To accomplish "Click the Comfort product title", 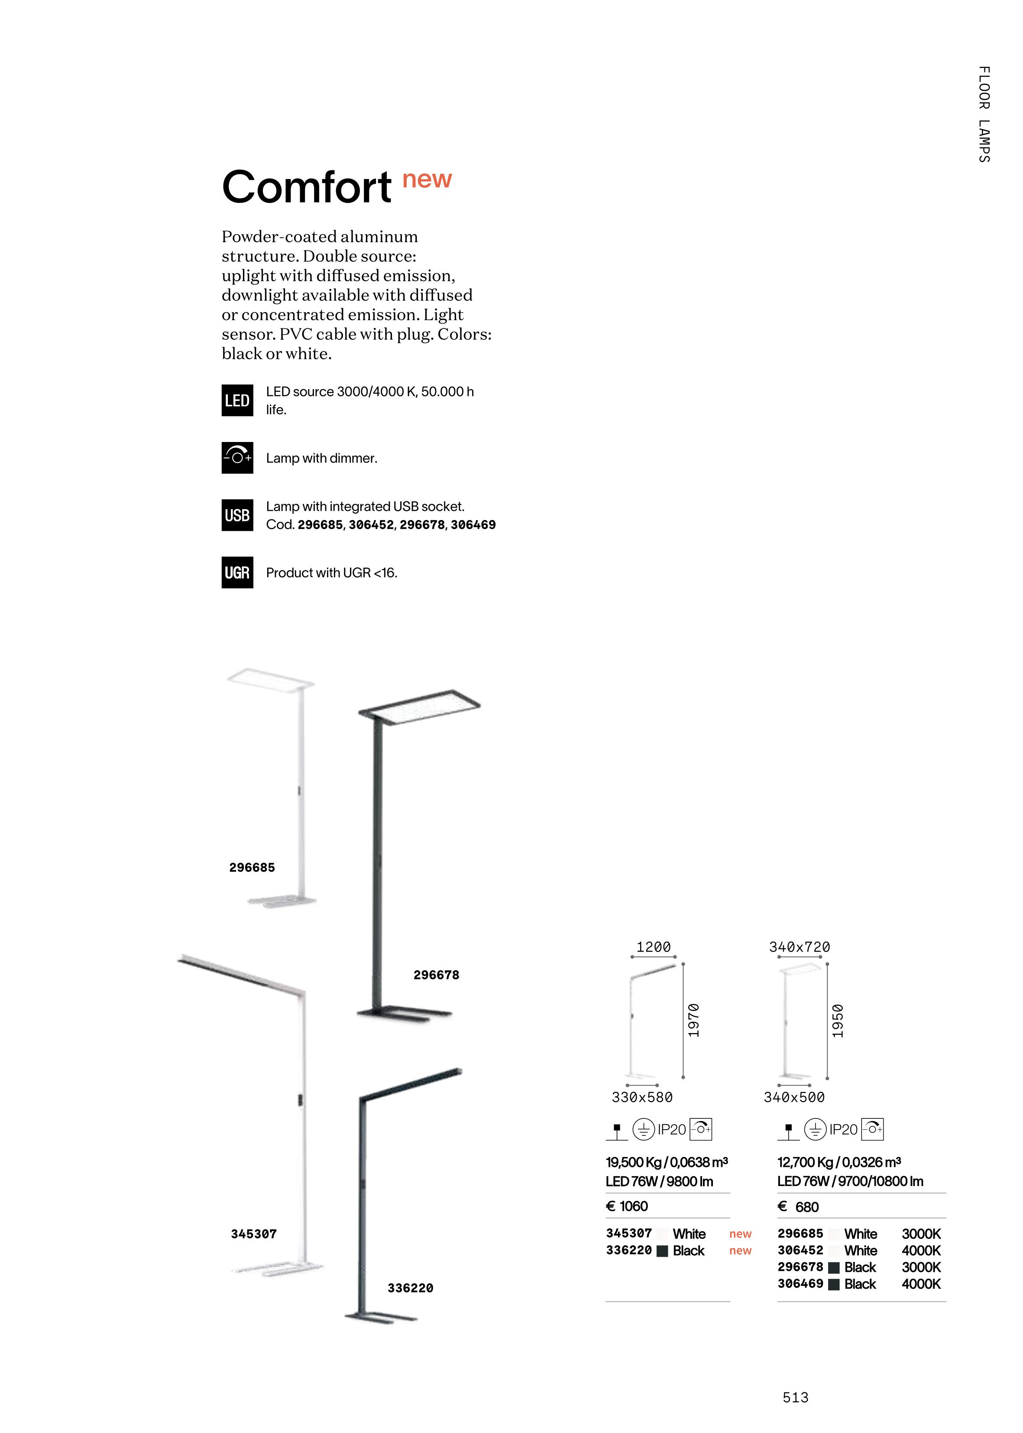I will pyautogui.click(x=307, y=187).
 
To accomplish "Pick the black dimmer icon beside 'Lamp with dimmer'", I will pyautogui.click(x=237, y=458).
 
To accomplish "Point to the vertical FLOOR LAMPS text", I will pyautogui.click(x=984, y=114).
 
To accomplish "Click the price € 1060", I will pyautogui.click(x=627, y=1206).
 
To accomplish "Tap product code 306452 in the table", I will pyautogui.click(x=800, y=1250).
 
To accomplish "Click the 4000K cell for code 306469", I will pyautogui.click(x=921, y=1284).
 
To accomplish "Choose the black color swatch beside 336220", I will pyautogui.click(x=662, y=1251).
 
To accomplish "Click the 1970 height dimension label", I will pyautogui.click(x=693, y=1020).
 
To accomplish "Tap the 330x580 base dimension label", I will pyautogui.click(x=642, y=1097).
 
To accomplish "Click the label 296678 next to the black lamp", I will pyautogui.click(x=436, y=975).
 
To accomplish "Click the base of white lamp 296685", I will pyautogui.click(x=282, y=901).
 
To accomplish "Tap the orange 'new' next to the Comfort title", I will pyautogui.click(x=427, y=179).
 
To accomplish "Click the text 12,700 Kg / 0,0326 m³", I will pyautogui.click(x=839, y=1161).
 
